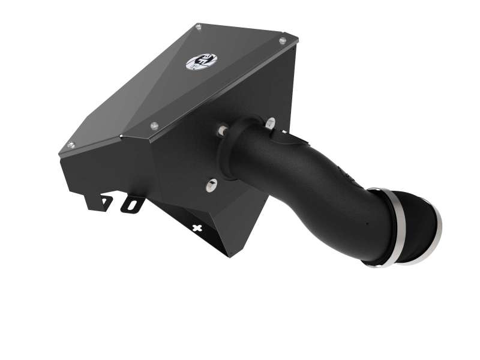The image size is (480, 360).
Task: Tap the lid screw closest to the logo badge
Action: (199, 27)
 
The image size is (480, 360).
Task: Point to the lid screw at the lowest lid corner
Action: (71, 145)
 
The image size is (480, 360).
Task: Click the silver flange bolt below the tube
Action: (211, 185)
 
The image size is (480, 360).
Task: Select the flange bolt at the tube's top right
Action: (270, 122)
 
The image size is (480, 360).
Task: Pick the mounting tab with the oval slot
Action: (131, 205)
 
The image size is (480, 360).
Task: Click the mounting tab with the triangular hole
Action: (106, 202)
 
